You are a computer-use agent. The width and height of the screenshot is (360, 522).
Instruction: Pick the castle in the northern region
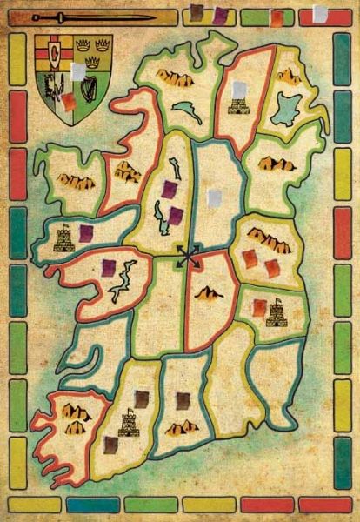click(237, 106)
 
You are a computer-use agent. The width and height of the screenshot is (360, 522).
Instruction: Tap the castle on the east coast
click(277, 312)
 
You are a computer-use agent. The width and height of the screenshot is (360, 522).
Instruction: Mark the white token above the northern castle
click(238, 88)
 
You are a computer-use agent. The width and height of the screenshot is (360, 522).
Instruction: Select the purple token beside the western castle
click(86, 232)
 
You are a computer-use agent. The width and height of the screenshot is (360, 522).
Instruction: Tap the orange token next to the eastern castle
click(259, 306)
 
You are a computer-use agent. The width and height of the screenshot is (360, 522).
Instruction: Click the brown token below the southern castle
click(110, 445)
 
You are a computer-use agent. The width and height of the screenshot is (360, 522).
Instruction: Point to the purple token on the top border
click(221, 15)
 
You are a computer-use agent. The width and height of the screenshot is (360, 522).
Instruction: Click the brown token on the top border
click(197, 12)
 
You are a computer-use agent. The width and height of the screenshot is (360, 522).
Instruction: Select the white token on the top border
click(319, 14)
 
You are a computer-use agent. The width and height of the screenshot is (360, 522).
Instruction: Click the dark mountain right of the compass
click(209, 294)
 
